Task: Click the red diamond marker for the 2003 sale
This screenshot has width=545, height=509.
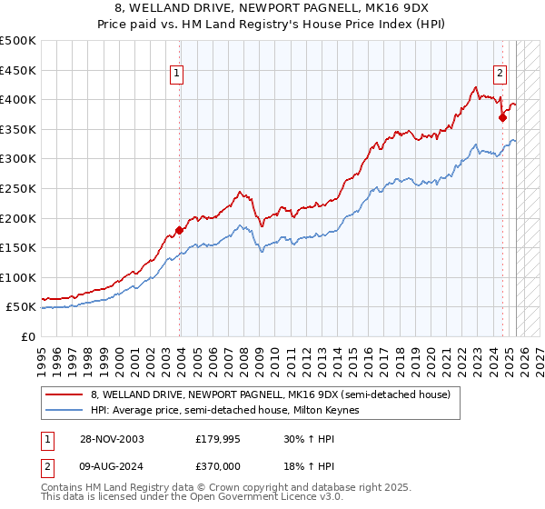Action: pos(179,230)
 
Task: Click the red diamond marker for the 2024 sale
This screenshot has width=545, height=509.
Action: pos(502,117)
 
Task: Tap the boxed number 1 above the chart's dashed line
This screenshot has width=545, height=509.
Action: pos(175,75)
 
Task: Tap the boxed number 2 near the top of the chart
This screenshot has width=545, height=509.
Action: pos(500,75)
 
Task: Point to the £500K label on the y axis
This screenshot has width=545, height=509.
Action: pos(18,41)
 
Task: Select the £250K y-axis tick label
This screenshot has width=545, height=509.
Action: pos(18,188)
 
